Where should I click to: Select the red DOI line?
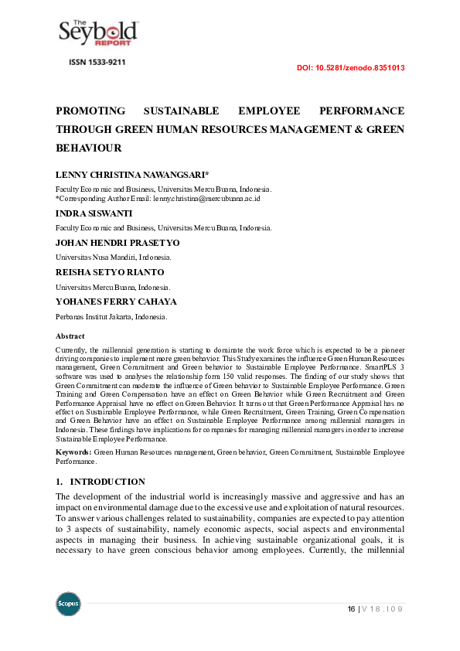tap(351, 68)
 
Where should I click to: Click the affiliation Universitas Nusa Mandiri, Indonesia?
tap(113, 257)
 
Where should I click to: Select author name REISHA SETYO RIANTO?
tap(110, 272)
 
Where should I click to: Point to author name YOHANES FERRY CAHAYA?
tap(116, 302)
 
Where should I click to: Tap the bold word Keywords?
tap(73, 451)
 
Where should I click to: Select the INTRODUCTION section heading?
tap(113, 482)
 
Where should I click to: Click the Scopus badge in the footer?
tap(68, 604)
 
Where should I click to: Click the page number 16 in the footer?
tap(352, 609)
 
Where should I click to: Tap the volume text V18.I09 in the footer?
tap(384, 609)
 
